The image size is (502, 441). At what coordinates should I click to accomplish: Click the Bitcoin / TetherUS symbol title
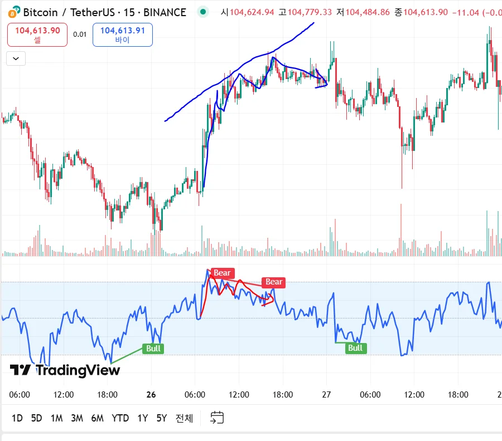69,12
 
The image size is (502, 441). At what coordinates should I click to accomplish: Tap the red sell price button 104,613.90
37,35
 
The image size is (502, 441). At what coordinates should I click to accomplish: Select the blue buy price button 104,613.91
123,35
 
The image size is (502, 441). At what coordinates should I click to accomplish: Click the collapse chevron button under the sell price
16,58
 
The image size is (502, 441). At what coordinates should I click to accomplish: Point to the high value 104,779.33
308,12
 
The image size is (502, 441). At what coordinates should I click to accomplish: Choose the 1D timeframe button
17,418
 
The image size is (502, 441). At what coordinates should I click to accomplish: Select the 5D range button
36,418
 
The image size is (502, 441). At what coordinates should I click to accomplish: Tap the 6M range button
98,418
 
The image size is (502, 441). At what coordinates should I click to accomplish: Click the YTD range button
120,418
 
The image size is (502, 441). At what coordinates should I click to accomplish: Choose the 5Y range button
161,418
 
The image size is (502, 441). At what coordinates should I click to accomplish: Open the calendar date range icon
217,418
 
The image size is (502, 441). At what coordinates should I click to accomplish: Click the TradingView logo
57,370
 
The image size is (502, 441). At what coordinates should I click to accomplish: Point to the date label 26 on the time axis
151,395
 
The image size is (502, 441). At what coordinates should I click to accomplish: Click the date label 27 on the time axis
326,395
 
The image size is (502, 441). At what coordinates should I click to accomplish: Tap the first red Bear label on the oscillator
221,273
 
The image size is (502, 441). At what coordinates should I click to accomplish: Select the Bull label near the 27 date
355,348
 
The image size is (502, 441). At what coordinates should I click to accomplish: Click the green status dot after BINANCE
203,11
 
